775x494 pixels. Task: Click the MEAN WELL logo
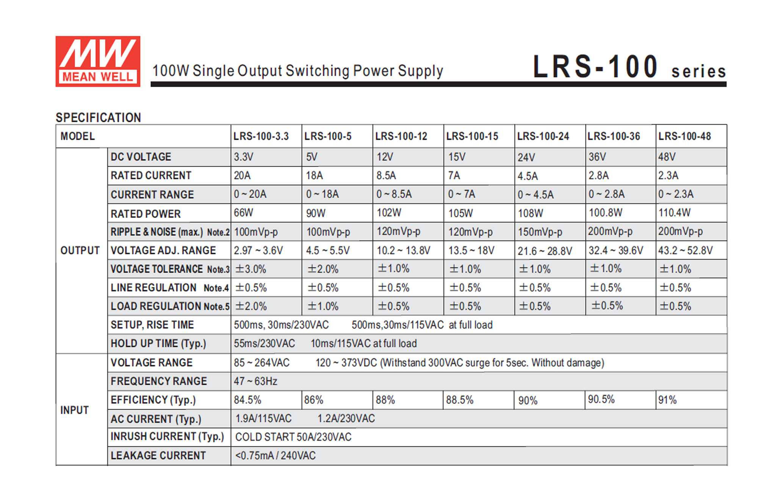click(98, 61)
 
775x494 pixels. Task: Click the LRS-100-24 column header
click(543, 136)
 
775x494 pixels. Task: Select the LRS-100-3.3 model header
click(261, 136)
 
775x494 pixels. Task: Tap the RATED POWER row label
click(146, 214)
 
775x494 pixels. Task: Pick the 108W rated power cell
click(531, 213)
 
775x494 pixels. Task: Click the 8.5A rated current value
click(386, 176)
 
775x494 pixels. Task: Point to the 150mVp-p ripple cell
click(540, 232)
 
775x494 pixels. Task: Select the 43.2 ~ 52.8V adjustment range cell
click(685, 251)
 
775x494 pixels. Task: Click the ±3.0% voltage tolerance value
click(251, 269)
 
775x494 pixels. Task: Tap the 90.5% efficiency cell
click(601, 399)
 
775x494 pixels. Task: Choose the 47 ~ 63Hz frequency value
click(255, 381)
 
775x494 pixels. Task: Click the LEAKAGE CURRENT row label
click(158, 455)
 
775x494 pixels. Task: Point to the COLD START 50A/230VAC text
click(293, 437)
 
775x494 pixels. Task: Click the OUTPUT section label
click(80, 251)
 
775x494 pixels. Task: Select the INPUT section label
click(74, 410)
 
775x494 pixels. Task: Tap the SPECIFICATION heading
click(98, 118)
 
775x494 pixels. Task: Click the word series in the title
click(698, 72)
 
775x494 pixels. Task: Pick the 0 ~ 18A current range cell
click(323, 195)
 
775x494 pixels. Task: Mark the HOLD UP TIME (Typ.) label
click(158, 344)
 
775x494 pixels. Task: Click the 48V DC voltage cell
click(667, 157)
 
